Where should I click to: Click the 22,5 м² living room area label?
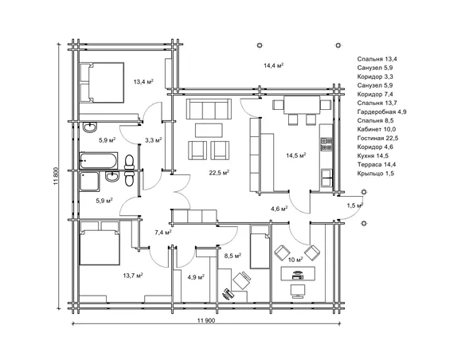(219, 173)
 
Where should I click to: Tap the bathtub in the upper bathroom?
(99, 160)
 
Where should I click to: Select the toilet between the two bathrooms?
(129, 170)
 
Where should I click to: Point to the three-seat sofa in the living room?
(209, 109)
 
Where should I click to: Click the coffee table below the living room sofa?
(209, 131)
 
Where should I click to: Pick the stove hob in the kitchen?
(326, 144)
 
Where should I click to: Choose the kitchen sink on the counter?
(326, 178)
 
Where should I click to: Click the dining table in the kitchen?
(302, 104)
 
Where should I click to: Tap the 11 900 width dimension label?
(206, 320)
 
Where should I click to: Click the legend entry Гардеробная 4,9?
(381, 112)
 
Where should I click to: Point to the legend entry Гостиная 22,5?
(377, 139)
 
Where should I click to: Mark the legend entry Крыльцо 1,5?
(376, 174)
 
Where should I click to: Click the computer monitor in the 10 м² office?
(298, 292)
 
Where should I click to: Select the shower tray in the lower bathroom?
(89, 182)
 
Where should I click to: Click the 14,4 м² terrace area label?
(274, 65)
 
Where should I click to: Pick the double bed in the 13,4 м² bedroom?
(101, 83)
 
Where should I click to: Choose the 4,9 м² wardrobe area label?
(196, 277)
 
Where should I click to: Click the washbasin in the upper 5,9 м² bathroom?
(89, 127)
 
